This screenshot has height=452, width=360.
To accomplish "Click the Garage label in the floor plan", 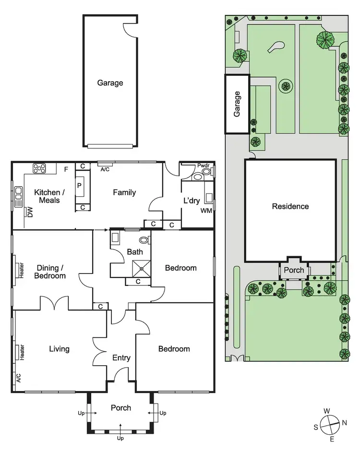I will pos(110,83).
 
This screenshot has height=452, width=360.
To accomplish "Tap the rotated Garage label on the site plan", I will pos(237,104).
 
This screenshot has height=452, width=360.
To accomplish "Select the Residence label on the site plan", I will pos(290,207).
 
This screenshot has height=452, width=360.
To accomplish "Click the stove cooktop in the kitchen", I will pos(39,168).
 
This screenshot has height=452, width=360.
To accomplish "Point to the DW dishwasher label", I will pos(30,213).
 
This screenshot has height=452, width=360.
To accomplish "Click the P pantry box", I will pos(80,185).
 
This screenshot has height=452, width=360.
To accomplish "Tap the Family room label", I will pos(124,193).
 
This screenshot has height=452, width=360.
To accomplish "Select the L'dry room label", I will pos(192,200).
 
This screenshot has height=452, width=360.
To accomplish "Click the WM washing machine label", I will pos(206,211).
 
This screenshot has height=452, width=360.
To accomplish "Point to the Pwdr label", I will pos(204,166).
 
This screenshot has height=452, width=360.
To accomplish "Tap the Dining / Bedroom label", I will pos(50,272).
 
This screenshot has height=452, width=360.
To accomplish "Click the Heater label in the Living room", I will pos(22,352).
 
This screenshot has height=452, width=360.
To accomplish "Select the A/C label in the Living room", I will pos(18,378).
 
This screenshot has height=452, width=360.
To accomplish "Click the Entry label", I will pos(121,357).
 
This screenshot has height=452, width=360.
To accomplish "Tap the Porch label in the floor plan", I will pos(121,408).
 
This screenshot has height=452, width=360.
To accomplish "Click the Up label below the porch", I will pos(120,438).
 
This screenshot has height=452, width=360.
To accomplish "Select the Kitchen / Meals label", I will pos(47,196).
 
